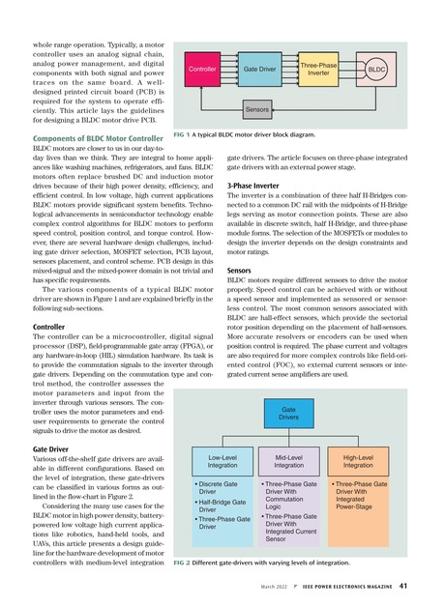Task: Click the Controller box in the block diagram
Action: [x=202, y=71]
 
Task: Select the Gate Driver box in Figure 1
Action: [x=258, y=71]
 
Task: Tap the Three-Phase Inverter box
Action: [x=319, y=70]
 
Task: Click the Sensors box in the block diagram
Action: [x=258, y=111]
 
